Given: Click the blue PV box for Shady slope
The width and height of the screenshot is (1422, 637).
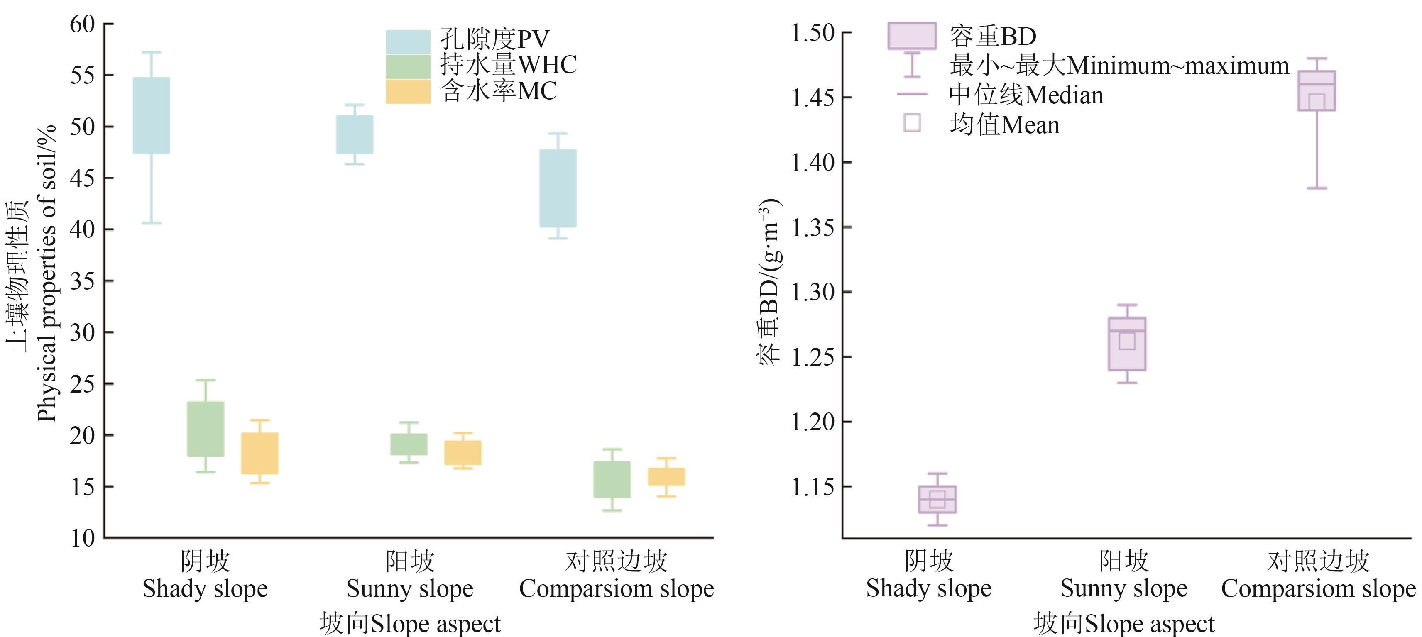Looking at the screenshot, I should click(x=151, y=115).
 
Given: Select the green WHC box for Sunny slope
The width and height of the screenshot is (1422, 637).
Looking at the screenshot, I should click(x=409, y=444).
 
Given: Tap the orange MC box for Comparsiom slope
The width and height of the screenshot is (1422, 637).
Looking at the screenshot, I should click(x=666, y=476).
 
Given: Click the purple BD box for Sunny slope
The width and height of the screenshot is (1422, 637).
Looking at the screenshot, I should click(x=1127, y=343).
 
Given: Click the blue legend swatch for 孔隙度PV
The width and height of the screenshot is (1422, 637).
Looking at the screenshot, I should click(x=408, y=41).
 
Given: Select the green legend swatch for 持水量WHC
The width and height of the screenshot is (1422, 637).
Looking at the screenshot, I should click(x=408, y=67).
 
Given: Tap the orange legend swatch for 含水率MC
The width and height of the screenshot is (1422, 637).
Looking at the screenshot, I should click(x=408, y=92).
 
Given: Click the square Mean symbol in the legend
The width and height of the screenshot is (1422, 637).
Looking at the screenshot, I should click(x=912, y=122).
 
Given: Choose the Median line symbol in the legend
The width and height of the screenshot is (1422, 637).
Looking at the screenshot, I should click(x=912, y=94).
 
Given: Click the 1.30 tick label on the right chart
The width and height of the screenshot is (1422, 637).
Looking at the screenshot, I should click(x=813, y=292).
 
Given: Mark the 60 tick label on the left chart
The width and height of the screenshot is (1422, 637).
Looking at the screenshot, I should click(x=83, y=24).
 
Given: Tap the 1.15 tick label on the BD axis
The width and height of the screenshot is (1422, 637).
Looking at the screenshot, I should click(x=813, y=487).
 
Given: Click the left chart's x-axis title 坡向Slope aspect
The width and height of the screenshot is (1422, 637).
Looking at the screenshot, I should click(x=410, y=624).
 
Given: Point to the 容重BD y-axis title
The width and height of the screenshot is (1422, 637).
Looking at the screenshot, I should click(x=769, y=281).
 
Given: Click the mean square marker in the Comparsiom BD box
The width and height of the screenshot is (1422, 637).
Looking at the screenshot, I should click(x=1317, y=102).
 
